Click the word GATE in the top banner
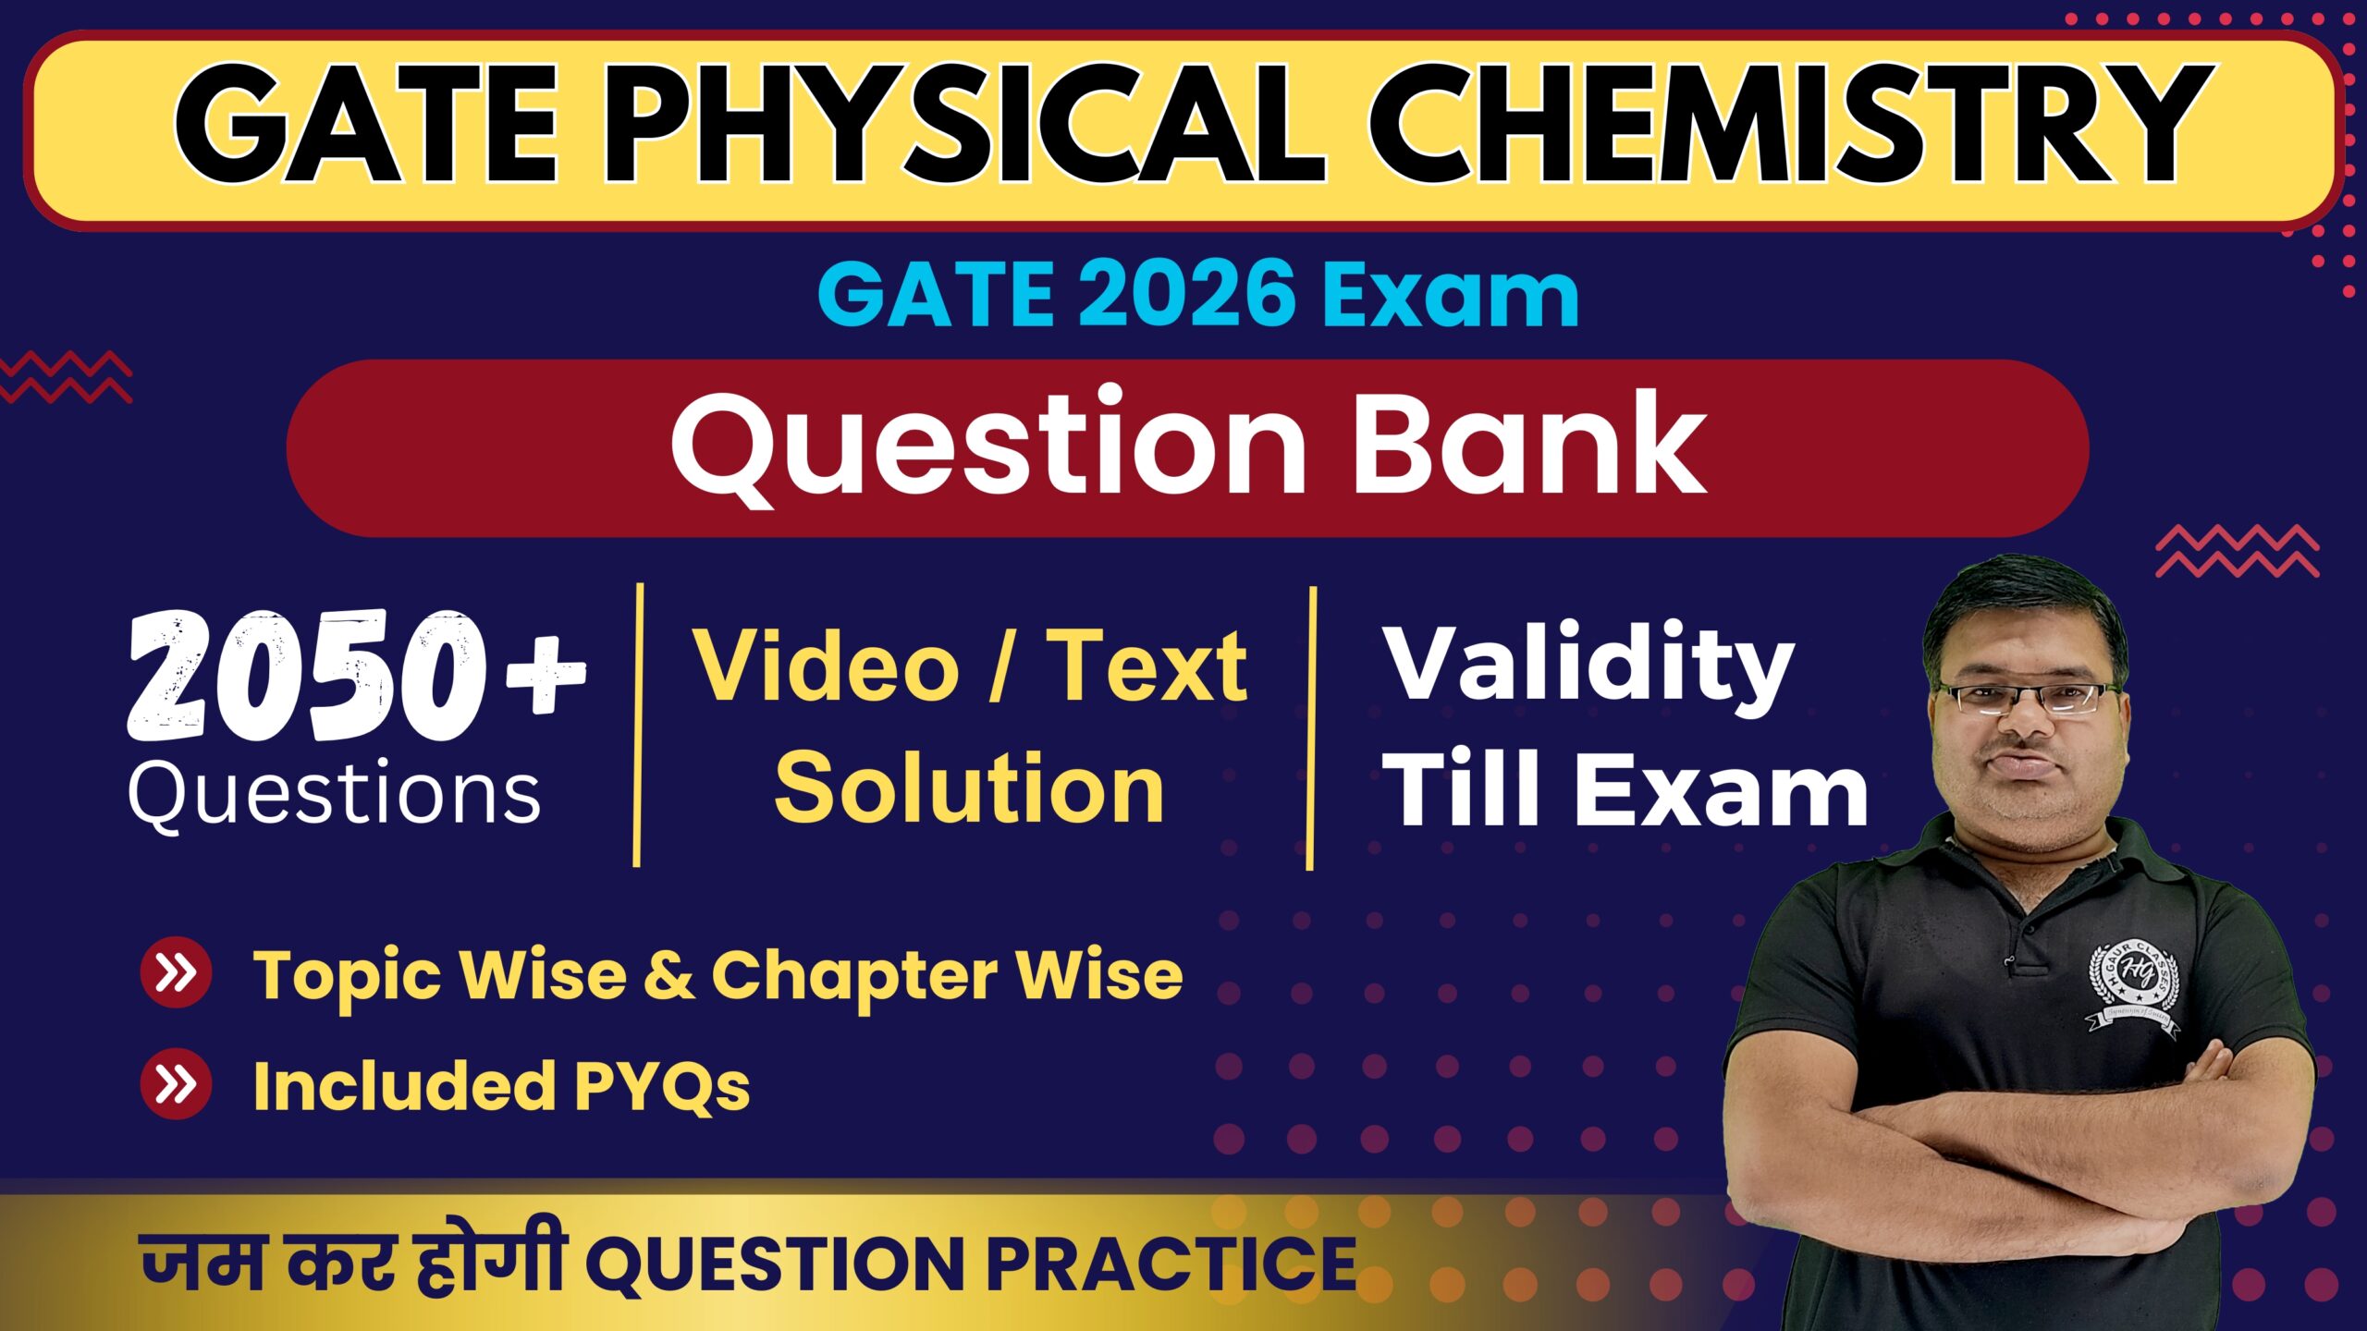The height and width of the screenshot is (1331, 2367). click(366, 126)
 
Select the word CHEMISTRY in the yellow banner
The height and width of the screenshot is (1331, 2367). click(1792, 126)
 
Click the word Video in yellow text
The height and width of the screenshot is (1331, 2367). click(827, 665)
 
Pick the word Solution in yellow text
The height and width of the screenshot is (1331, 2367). click(969, 788)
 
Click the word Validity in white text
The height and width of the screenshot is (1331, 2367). click(1588, 668)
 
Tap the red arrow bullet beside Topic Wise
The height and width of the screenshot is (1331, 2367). click(176, 972)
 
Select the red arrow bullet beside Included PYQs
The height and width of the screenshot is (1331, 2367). click(176, 1084)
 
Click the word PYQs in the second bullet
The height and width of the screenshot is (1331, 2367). click(662, 1088)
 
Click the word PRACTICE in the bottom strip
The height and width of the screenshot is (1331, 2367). click(1171, 1264)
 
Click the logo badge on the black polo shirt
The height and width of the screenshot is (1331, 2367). click(2134, 989)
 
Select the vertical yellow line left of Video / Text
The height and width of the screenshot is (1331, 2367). click(638, 726)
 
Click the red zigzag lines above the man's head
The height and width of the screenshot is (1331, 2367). click(2238, 551)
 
